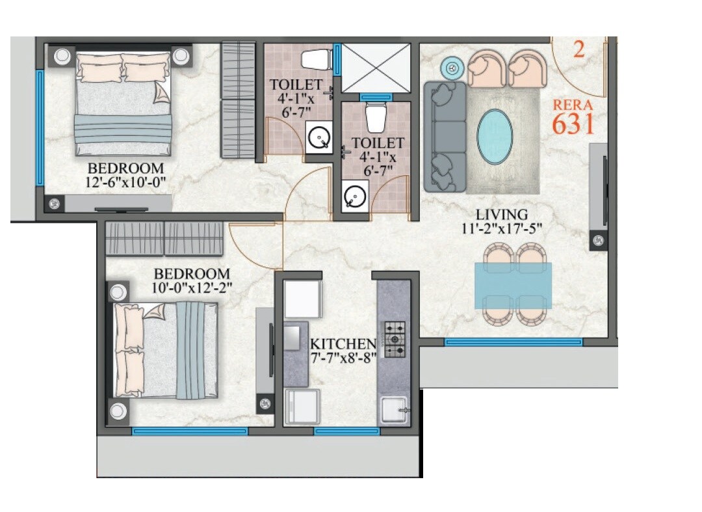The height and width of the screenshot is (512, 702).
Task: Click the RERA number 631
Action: click(x=573, y=123)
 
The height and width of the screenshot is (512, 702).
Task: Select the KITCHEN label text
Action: click(x=343, y=344)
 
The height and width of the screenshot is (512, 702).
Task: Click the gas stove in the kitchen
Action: click(x=394, y=340)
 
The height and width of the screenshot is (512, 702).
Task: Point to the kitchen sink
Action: click(x=395, y=410)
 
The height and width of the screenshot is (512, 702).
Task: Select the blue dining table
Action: click(x=513, y=285)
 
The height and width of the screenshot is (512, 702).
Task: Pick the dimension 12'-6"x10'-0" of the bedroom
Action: click(x=126, y=183)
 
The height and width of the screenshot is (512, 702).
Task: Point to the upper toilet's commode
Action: click(x=318, y=59)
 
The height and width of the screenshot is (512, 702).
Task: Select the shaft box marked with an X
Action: click(x=376, y=67)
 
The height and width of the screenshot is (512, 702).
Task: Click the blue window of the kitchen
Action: click(x=346, y=431)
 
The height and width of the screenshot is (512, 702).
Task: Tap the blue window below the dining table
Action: click(x=513, y=342)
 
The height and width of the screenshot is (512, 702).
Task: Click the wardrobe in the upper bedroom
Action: click(x=238, y=100)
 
